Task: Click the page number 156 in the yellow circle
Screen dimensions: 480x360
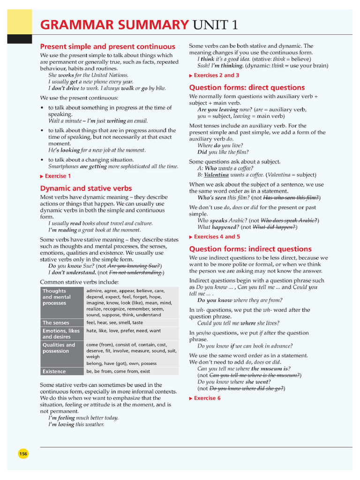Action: [x=23, y=454]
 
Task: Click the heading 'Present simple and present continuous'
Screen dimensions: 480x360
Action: [x=107, y=46]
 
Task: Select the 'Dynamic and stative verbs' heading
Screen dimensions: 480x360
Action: [x=86, y=188]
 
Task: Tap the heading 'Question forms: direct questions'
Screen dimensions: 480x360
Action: [x=247, y=87]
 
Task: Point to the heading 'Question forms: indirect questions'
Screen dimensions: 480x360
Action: [x=250, y=249]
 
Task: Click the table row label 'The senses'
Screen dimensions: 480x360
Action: [x=56, y=323]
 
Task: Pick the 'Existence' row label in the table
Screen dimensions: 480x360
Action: [x=54, y=371]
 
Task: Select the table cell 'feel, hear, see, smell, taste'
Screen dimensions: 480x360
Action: [x=115, y=323]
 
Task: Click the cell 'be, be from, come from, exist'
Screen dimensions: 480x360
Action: [x=118, y=371]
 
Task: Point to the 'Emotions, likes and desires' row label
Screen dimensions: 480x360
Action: [x=61, y=334]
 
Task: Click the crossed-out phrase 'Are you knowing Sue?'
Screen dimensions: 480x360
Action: [x=134, y=265]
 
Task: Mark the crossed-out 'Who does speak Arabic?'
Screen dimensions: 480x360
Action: [x=289, y=220]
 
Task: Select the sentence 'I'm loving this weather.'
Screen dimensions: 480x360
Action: [x=76, y=425]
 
